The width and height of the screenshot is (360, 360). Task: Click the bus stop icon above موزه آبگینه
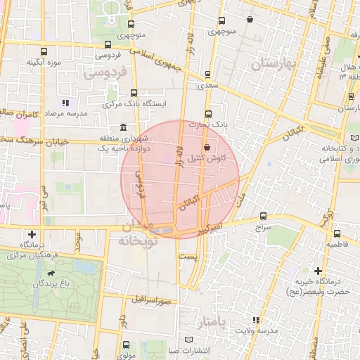point(45,51)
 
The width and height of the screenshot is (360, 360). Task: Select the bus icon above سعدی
point(207,74)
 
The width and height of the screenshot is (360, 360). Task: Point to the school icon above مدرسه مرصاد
point(65,103)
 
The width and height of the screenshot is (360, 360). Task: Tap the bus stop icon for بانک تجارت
point(208,114)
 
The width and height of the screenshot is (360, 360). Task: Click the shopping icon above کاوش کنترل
point(207,148)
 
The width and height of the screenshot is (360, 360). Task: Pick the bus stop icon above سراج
point(263,217)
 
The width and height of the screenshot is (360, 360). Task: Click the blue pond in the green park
point(83,269)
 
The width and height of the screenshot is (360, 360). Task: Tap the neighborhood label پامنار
point(210,322)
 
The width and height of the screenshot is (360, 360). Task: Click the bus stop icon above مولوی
point(126,345)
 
